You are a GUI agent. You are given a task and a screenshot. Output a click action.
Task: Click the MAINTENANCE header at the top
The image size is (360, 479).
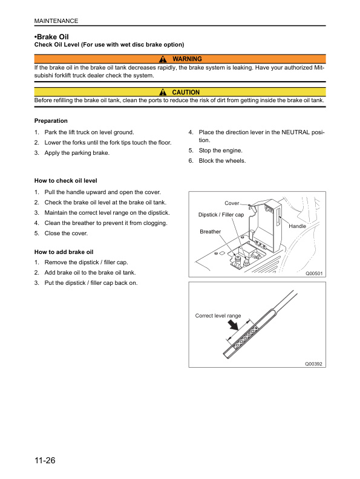[x=56, y=21]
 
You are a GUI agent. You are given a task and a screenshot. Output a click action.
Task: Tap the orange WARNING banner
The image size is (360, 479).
[x=180, y=59]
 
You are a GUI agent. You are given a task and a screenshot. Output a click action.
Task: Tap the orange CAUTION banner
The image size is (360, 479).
[x=180, y=92]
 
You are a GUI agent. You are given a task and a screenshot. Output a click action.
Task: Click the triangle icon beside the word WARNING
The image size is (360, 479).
[x=163, y=59]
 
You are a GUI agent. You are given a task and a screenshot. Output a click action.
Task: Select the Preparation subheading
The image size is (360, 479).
[x=51, y=121]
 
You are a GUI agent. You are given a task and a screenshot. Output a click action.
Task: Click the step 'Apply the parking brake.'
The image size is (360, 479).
[x=77, y=153]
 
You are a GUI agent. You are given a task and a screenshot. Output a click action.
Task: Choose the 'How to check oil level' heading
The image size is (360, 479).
[x=65, y=180]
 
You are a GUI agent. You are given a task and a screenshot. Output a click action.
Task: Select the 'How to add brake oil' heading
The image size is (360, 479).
[x=64, y=252]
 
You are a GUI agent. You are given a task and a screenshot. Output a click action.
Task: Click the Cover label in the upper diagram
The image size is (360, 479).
[x=232, y=203]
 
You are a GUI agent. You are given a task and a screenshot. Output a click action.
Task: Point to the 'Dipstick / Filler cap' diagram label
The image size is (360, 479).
[x=221, y=215]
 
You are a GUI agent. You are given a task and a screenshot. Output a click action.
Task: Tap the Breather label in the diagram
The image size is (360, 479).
[x=210, y=232]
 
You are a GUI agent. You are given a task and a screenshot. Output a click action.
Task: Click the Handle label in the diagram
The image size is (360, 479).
[x=298, y=226]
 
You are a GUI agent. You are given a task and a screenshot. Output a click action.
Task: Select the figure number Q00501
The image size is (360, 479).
[x=314, y=273]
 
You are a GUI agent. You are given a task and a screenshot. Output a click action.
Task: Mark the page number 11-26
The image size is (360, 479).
[x=45, y=461]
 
